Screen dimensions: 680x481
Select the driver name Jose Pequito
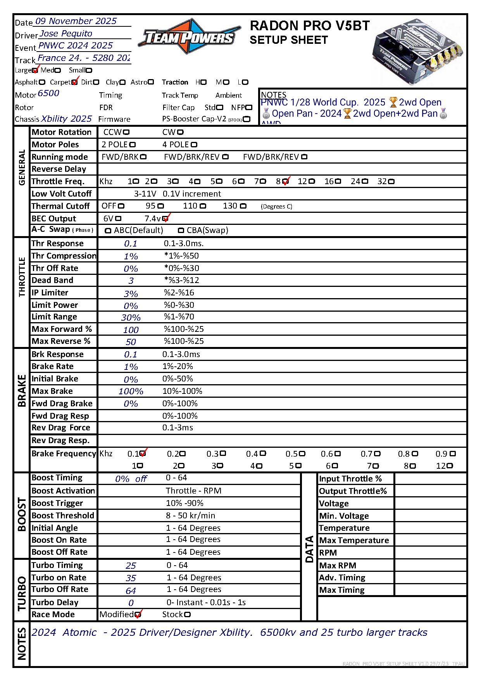pos(66,34)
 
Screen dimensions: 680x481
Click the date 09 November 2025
pos(76,21)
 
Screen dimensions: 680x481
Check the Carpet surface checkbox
pos(74,82)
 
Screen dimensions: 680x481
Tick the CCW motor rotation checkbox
pos(126,133)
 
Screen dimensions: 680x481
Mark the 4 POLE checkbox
pos(194,145)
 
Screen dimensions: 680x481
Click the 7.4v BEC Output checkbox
pos(166,219)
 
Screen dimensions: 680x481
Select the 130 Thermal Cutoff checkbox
pos(243,206)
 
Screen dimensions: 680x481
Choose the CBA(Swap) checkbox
pos(181,231)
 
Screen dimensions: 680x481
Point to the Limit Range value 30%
pos(131,318)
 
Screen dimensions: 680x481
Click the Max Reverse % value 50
pos(131,342)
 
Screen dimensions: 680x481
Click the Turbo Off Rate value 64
pos(131,591)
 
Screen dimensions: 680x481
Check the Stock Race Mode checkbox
pos(188,615)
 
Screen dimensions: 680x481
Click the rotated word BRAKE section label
pos(22,390)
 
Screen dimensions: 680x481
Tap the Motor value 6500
pos(48,93)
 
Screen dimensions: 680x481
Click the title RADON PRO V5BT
pos(310,26)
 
